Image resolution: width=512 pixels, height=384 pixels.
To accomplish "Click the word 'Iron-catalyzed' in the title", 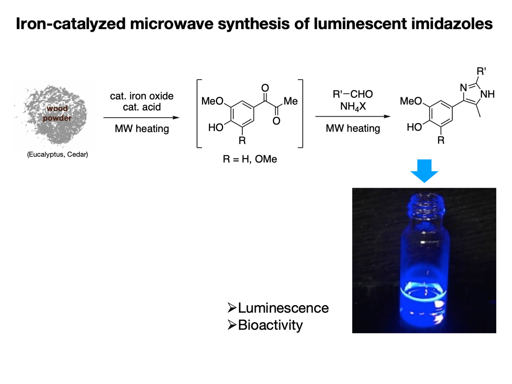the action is [71, 24].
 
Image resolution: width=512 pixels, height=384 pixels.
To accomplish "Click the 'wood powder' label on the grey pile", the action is [57, 113].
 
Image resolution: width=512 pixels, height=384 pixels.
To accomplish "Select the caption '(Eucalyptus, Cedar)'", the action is [57, 154].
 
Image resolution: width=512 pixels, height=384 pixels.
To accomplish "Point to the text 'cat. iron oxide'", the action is [142, 96].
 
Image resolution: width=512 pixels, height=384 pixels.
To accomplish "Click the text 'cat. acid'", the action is [142, 107].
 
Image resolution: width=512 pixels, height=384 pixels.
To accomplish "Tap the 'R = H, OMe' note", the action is [250, 159].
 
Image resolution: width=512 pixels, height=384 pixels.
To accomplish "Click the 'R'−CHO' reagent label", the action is [353, 94].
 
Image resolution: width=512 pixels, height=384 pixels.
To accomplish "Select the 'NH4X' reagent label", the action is [353, 106].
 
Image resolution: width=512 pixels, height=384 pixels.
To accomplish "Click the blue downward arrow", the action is [424, 171].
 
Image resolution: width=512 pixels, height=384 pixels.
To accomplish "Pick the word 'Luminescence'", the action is [283, 308].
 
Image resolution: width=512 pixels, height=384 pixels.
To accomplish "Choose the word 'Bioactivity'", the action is [270, 325].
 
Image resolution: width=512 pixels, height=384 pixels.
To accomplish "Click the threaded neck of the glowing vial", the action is [426, 208].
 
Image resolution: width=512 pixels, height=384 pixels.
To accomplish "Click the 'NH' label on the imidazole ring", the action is [487, 94].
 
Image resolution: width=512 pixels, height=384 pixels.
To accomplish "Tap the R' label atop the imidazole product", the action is [481, 71].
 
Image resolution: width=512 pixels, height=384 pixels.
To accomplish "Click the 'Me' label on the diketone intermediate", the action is [290, 101].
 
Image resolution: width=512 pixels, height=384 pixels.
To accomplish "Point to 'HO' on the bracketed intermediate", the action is [216, 128].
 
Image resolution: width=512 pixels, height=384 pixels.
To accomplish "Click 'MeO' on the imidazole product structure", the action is [411, 101].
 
